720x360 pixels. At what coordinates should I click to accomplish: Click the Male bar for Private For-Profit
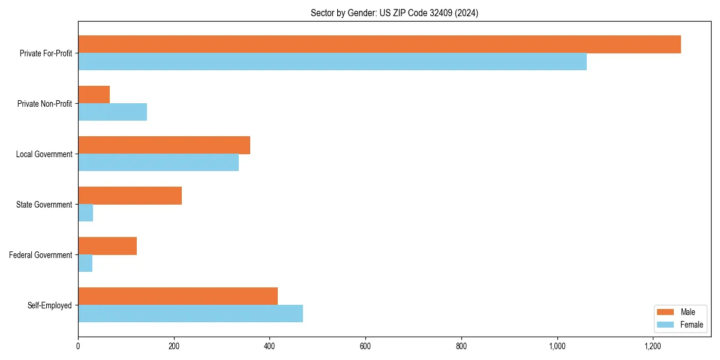point(379,44)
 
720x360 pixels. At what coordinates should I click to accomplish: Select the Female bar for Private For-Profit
point(332,62)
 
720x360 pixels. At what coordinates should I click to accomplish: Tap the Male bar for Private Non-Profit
point(94,95)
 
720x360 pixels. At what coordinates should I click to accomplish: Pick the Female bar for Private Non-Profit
point(113,112)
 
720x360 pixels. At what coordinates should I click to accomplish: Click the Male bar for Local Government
point(164,145)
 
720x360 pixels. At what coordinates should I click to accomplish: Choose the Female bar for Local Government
point(158,163)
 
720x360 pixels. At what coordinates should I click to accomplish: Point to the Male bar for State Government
point(130,196)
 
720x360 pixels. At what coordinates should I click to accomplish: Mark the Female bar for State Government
point(86,213)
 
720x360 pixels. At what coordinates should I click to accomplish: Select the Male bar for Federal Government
point(107,246)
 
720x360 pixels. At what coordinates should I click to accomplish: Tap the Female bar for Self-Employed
point(191,314)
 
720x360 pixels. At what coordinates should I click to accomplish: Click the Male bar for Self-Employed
point(178,296)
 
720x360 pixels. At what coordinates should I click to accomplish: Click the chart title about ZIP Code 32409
point(394,13)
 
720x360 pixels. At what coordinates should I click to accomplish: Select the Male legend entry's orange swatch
point(665,312)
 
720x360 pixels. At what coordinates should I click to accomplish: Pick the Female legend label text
point(691,325)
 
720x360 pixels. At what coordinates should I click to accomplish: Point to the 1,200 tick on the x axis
point(653,346)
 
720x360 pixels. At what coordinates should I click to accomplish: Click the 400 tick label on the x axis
point(270,346)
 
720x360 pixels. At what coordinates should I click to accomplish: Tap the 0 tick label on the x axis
point(78,346)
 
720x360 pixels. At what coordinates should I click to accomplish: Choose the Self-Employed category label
point(49,305)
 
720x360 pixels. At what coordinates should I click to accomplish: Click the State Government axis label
point(44,205)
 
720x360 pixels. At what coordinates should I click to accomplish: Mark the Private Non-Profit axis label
point(44,104)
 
